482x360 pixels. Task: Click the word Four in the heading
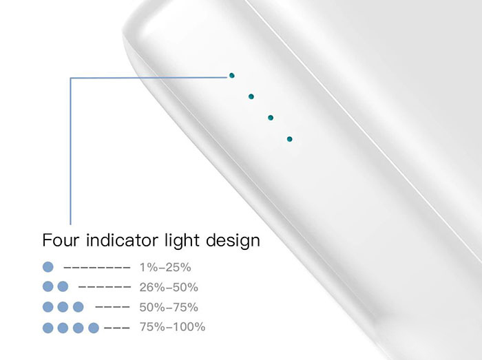[x=61, y=240]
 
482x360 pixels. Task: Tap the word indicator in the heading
[x=122, y=240]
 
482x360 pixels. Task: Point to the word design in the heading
[x=233, y=241]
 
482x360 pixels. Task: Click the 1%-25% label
[x=165, y=268]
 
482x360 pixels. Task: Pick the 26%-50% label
[x=169, y=287]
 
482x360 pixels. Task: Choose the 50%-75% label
[x=169, y=307]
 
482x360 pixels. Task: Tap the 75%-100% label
[x=172, y=327]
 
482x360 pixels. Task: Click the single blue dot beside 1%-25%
[x=48, y=267]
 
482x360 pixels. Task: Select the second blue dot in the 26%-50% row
[x=63, y=286]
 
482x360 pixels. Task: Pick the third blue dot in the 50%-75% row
[x=78, y=307]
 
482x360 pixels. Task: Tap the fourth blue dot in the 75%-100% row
[x=94, y=328]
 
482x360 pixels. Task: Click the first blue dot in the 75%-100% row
[x=48, y=328]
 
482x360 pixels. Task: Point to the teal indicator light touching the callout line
[x=232, y=76]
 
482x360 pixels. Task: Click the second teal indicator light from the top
[x=251, y=96]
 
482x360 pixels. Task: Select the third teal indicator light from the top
[x=271, y=118]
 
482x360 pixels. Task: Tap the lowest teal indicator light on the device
[x=290, y=139]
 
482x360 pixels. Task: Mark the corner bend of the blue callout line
[x=71, y=78]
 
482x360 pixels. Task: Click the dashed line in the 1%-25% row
[x=97, y=268]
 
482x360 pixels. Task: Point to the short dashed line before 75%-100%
[x=117, y=328]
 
